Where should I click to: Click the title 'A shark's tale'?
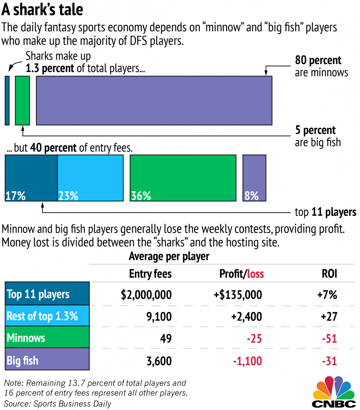[x=42, y=10]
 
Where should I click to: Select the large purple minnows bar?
[x=154, y=100]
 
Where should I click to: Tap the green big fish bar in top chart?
[x=22, y=100]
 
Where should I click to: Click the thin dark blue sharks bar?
[x=7, y=100]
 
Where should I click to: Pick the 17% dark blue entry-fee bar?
[x=31, y=178]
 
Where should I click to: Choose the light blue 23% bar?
[x=91, y=178]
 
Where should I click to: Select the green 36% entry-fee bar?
[x=183, y=178]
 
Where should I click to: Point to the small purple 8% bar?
[x=254, y=178]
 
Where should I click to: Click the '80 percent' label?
[x=318, y=60]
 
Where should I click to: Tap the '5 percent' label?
[x=315, y=130]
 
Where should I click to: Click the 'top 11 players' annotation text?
[x=325, y=212]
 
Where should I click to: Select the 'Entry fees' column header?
[x=150, y=273]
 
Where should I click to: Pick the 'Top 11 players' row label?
[x=38, y=294]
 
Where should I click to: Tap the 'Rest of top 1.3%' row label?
[x=42, y=316]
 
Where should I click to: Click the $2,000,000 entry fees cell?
[x=147, y=295]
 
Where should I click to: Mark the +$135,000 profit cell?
[x=237, y=295]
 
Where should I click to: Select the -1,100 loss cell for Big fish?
[x=247, y=361]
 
